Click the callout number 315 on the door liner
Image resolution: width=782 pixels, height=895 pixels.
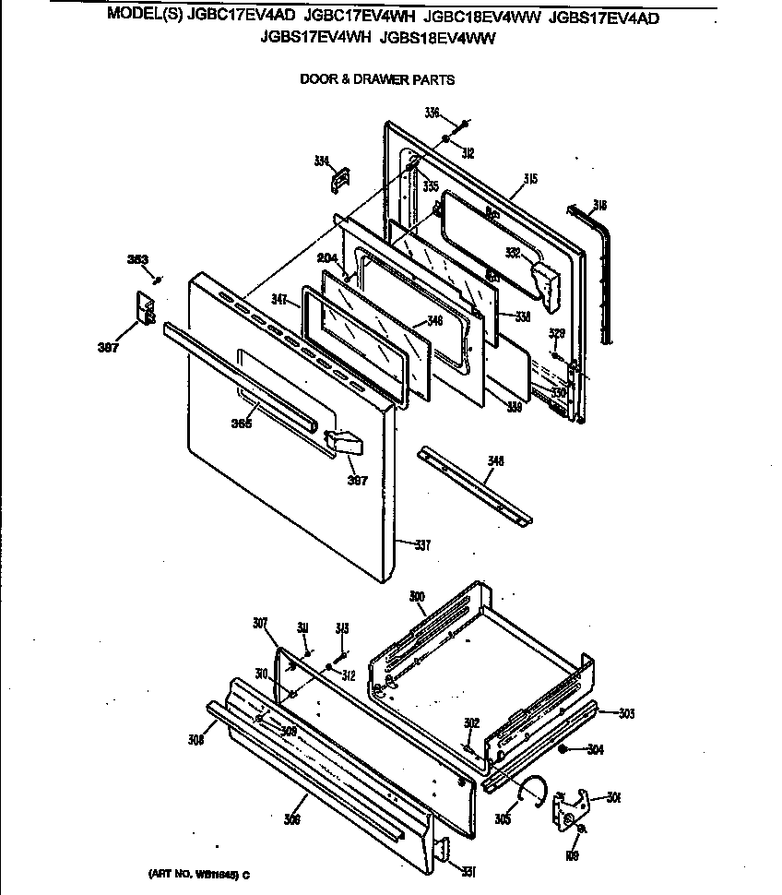(x=530, y=178)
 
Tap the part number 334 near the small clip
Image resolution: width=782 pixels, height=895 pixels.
(x=321, y=161)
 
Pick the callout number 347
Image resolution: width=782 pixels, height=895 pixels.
(x=282, y=300)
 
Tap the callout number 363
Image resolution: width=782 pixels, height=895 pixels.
(x=137, y=259)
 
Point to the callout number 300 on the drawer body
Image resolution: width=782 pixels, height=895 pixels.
(x=417, y=597)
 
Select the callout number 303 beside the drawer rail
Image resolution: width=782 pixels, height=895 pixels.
(x=626, y=713)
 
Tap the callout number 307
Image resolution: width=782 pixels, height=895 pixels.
(x=260, y=623)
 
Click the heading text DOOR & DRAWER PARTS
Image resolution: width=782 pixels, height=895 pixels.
(x=377, y=79)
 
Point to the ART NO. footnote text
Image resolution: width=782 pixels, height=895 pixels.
(x=197, y=874)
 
